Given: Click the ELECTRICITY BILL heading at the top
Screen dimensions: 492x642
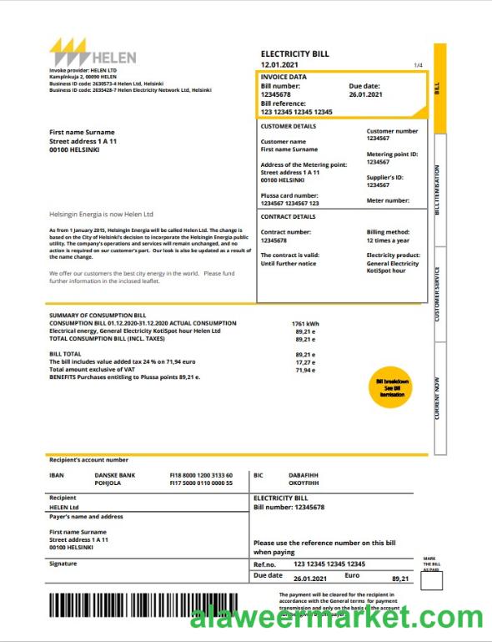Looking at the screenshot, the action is tap(294, 53).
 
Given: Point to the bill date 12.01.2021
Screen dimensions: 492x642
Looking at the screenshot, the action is tap(281, 64).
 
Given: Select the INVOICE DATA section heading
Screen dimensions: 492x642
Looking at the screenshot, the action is tap(284, 77).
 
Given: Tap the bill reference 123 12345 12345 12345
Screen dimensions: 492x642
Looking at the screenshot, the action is tap(296, 111).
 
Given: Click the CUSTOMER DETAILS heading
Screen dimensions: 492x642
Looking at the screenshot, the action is tap(289, 126).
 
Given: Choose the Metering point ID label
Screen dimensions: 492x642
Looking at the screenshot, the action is tap(392, 154).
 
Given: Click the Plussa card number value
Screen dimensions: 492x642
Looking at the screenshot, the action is tap(289, 203).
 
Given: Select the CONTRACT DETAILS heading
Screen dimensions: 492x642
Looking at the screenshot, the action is tap(288, 216).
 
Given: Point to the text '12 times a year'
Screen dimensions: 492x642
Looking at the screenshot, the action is tap(388, 240).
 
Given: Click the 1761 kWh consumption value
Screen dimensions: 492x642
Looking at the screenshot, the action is tap(305, 323).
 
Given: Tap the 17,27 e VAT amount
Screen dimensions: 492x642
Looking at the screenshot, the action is tap(304, 362).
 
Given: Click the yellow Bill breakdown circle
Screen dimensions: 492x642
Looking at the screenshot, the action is tap(390, 387).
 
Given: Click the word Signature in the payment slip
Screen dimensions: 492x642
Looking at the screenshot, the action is tap(63, 563).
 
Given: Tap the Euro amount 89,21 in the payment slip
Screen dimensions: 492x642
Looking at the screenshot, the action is tap(400, 579).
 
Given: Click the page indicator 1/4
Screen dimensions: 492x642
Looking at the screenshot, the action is tap(418, 65).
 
